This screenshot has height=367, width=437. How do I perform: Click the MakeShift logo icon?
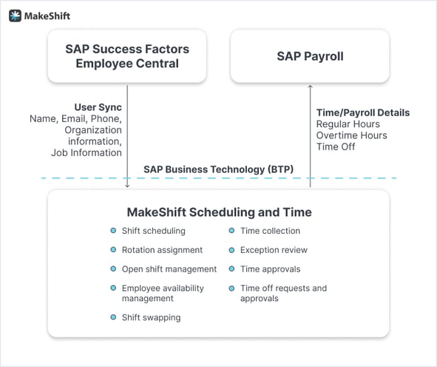15,16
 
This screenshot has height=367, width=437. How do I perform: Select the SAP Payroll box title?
310,56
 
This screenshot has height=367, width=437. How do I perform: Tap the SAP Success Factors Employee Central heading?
127,56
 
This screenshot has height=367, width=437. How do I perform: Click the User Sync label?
98,107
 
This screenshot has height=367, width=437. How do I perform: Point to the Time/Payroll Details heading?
363,112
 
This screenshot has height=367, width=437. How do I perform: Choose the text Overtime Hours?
352,135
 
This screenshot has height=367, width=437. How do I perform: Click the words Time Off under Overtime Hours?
336,147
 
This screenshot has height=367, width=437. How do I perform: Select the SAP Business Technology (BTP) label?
219,169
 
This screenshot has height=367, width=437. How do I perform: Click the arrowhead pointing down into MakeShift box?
127,186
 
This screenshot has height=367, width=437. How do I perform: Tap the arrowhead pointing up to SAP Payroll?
310,87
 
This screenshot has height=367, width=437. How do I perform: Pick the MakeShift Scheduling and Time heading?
219,212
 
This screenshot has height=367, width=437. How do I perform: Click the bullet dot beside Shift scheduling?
113,231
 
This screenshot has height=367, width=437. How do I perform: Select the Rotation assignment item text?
162,250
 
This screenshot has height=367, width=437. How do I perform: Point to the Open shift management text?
169,269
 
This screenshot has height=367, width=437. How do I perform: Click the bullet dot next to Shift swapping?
113,317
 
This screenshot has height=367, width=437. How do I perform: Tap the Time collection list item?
270,231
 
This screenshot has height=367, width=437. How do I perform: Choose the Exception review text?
274,250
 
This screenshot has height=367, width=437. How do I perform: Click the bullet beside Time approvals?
231,269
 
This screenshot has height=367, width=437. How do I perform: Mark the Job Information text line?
87,152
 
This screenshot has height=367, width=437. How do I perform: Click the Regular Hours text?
348,124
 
